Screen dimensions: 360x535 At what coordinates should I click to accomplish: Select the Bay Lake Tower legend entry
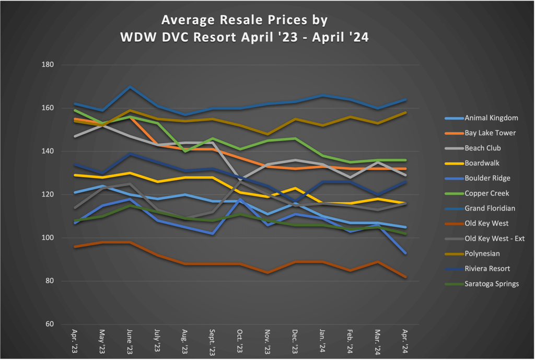pyautogui.click(x=490, y=133)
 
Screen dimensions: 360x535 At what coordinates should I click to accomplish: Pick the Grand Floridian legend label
pyautogui.click(x=490, y=208)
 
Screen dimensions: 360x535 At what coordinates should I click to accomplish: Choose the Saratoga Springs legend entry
pyautogui.click(x=491, y=284)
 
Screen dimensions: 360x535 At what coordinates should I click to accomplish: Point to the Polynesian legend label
pyautogui.click(x=482, y=253)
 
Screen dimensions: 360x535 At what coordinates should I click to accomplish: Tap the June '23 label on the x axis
pyautogui.click(x=130, y=342)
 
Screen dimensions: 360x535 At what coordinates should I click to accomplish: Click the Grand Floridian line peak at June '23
pyautogui.click(x=130, y=87)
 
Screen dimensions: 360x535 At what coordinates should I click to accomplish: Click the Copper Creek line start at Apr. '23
pyautogui.click(x=75, y=110)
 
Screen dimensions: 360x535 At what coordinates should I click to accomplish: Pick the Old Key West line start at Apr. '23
pyautogui.click(x=75, y=247)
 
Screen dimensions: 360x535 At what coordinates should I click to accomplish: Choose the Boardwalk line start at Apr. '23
pyautogui.click(x=75, y=175)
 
